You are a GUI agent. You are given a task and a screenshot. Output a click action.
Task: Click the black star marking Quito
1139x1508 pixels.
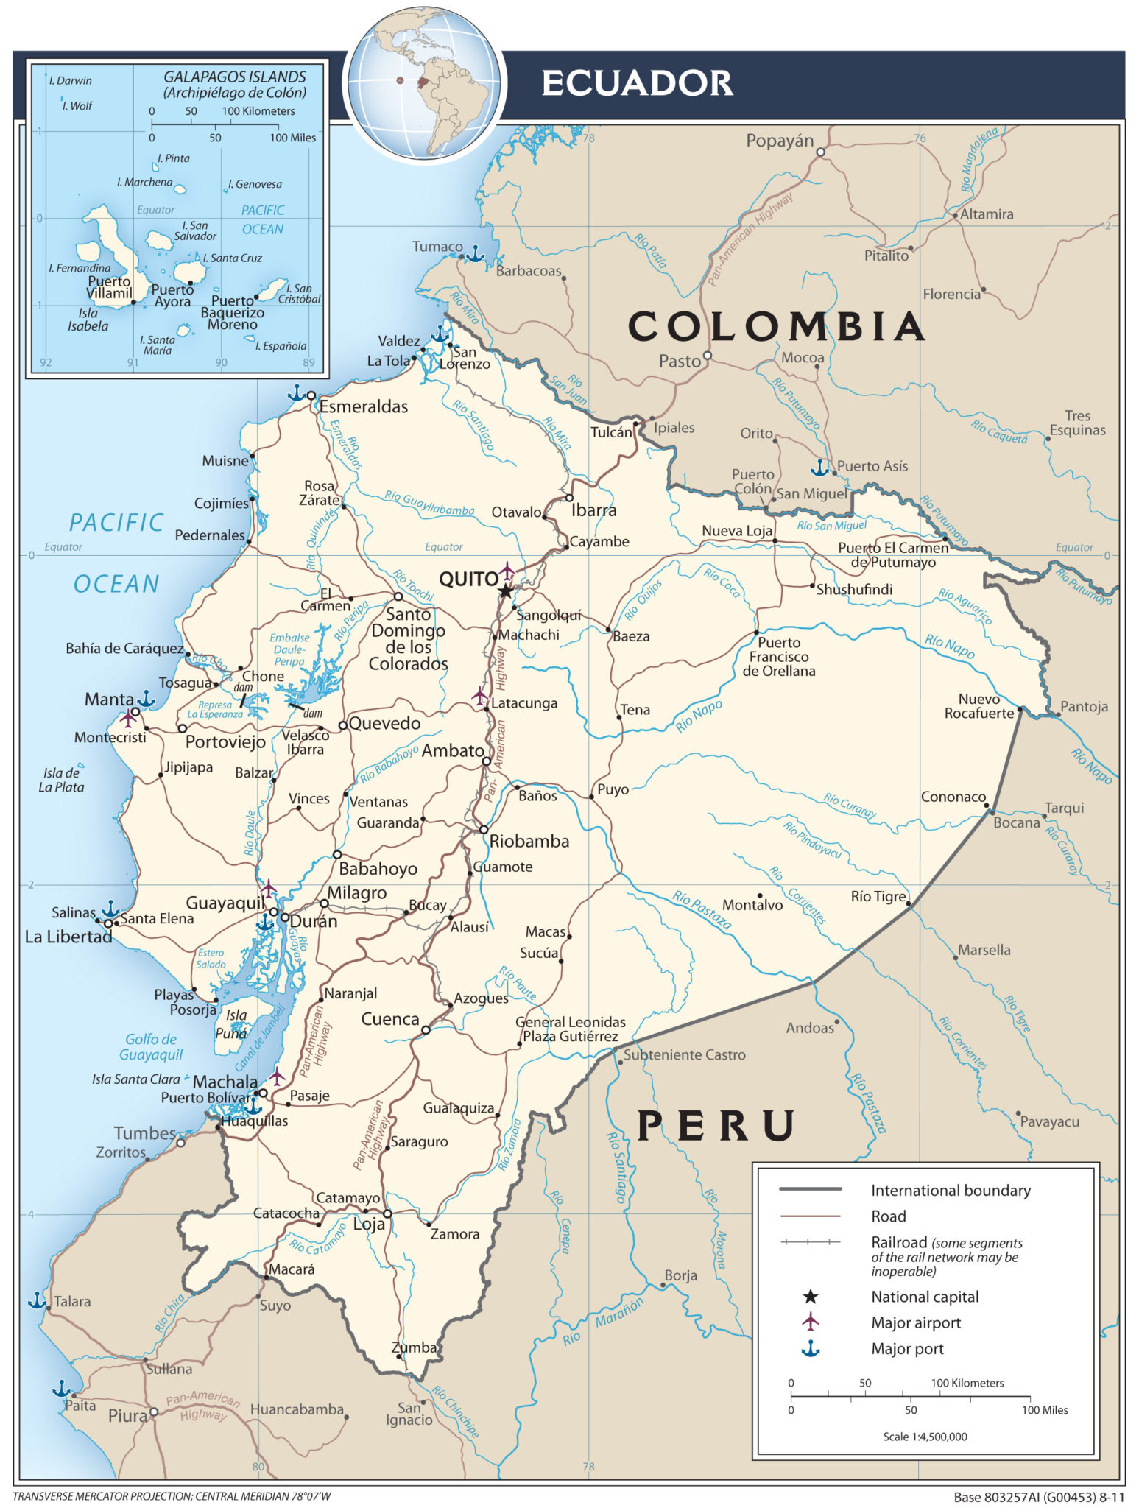click(506, 591)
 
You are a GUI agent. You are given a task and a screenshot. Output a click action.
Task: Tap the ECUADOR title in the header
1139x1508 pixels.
click(637, 83)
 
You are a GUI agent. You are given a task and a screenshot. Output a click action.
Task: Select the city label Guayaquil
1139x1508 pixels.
click(225, 903)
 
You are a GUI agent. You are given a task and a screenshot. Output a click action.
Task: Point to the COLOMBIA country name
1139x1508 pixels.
click(776, 326)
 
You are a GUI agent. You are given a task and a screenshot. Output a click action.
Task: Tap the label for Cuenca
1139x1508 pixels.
click(389, 1019)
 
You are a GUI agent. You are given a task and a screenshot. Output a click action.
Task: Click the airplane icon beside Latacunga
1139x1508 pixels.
click(480, 695)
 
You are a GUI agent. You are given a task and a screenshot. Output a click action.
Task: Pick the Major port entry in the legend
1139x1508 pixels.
click(907, 1348)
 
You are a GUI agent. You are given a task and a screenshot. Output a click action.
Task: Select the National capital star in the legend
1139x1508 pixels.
click(811, 1296)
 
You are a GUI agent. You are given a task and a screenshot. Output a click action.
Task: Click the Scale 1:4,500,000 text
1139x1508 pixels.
click(925, 1436)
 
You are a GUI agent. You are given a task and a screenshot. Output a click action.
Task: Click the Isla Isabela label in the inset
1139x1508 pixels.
click(88, 320)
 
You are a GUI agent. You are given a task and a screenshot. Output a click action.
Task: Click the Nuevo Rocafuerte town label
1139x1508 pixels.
click(978, 705)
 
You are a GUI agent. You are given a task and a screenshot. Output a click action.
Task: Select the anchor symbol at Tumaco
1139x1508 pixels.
click(476, 255)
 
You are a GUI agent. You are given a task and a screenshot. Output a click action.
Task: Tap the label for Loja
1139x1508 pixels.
click(369, 1224)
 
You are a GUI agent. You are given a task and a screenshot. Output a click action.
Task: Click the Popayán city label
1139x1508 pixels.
click(780, 141)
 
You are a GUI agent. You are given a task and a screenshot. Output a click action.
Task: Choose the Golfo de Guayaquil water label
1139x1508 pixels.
click(151, 1046)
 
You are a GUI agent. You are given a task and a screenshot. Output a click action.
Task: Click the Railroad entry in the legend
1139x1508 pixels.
click(898, 1241)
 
